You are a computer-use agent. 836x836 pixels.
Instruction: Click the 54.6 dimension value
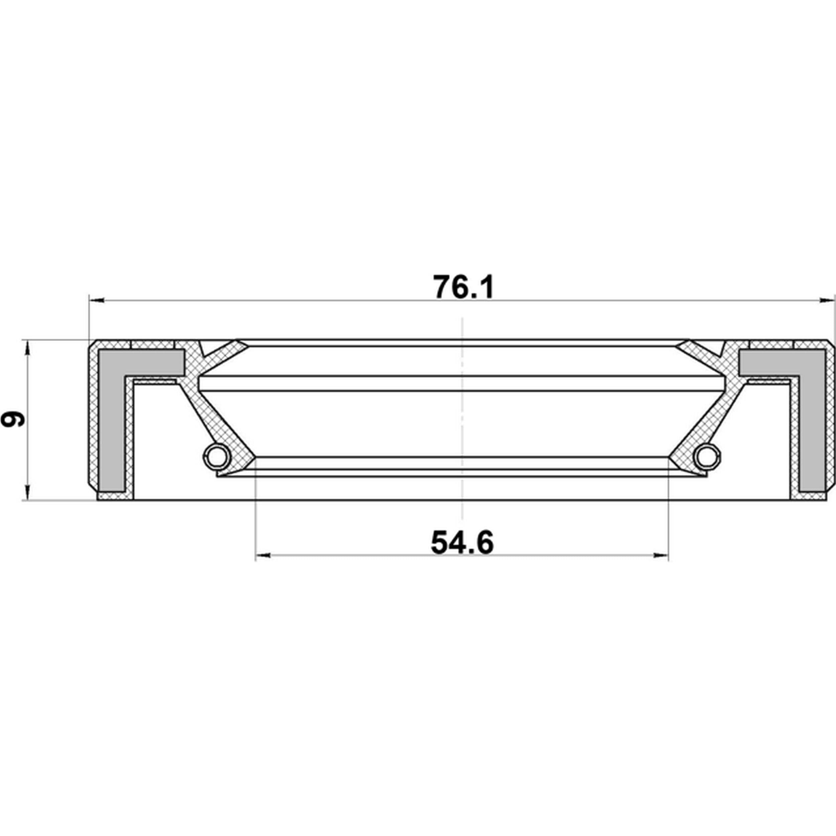[462, 543]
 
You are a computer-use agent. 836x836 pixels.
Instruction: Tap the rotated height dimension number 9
[13, 419]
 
